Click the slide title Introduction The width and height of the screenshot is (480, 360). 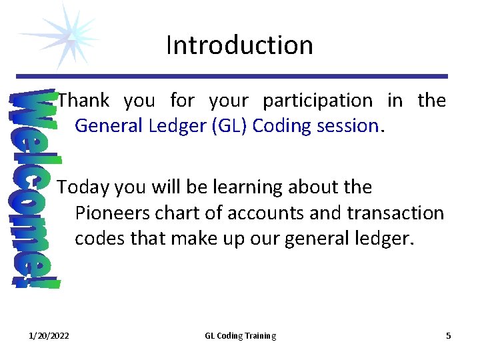tap(239, 45)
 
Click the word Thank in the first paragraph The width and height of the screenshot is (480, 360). tap(83, 101)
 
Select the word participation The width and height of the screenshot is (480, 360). tap(317, 101)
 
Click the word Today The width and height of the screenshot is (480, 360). tap(83, 187)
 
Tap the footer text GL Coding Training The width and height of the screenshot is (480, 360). tap(240, 336)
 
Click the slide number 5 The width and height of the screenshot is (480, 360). tap(448, 336)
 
